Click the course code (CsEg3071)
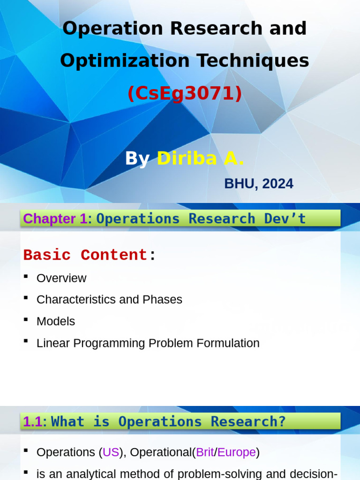point(185,94)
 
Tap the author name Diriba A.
point(200,159)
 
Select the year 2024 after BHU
point(278,184)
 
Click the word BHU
point(239,184)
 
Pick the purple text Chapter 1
point(55,218)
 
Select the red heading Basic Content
point(85,255)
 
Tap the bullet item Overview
point(61,278)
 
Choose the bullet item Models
point(56,322)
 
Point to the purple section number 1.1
point(32,421)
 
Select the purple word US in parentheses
point(111,452)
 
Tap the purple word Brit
point(205,452)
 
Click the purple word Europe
point(237,452)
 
